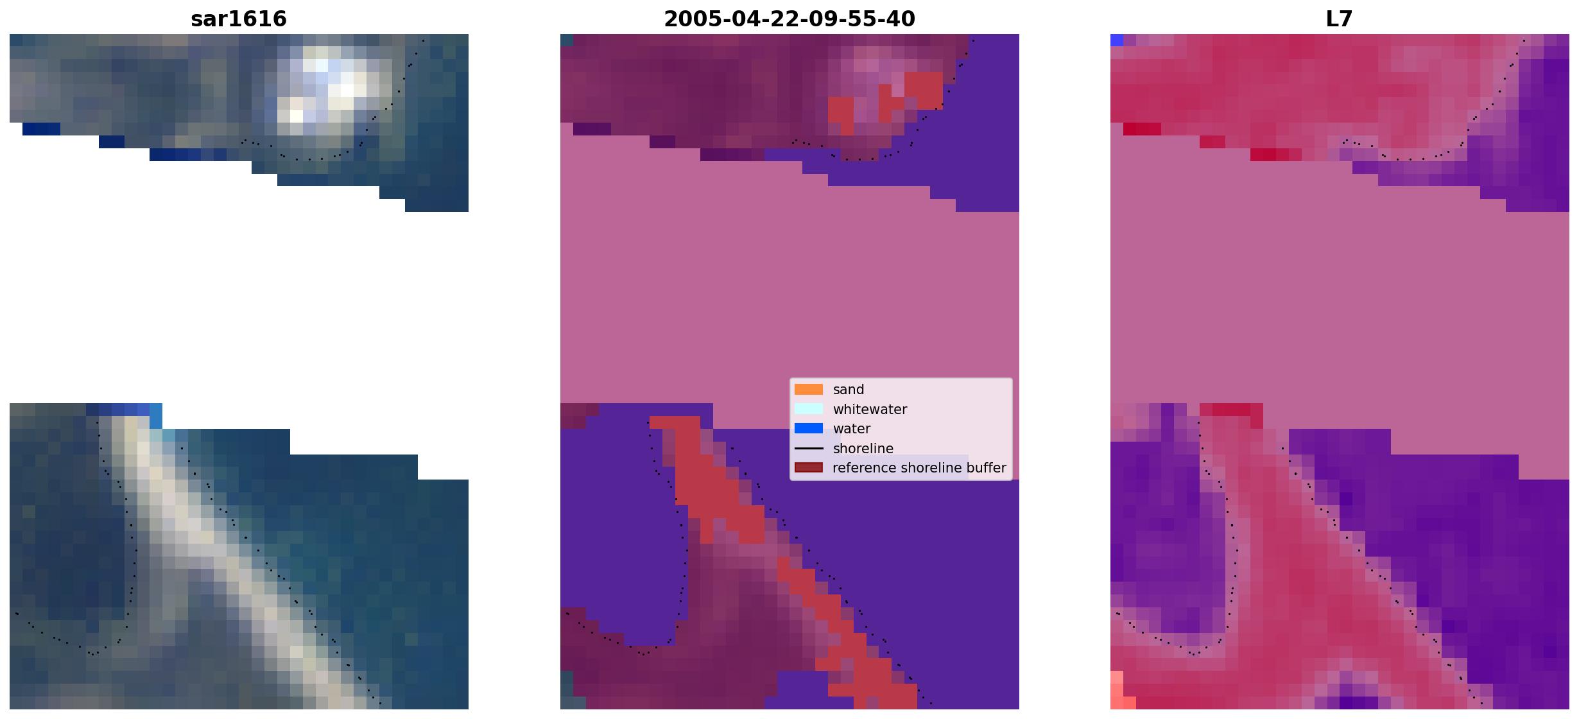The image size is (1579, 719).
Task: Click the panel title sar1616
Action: pyautogui.click(x=239, y=19)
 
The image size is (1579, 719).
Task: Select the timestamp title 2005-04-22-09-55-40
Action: pyautogui.click(x=789, y=19)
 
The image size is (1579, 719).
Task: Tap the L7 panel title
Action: pyautogui.click(x=1340, y=19)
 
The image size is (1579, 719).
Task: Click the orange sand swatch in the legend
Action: pyautogui.click(x=809, y=390)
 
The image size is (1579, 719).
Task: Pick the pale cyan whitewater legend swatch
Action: pyautogui.click(x=809, y=409)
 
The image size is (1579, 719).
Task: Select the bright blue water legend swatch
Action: pyautogui.click(x=809, y=428)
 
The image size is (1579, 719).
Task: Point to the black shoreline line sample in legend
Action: pyautogui.click(x=809, y=448)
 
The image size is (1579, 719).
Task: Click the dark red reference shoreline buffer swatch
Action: pyautogui.click(x=809, y=467)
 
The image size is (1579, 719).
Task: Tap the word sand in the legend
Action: pyautogui.click(x=849, y=390)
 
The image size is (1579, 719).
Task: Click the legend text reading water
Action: pyautogui.click(x=852, y=429)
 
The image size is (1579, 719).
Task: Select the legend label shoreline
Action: pyautogui.click(x=863, y=448)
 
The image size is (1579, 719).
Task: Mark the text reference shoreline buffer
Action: pyautogui.click(x=919, y=468)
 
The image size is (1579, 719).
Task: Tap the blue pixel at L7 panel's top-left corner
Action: pyautogui.click(x=1117, y=40)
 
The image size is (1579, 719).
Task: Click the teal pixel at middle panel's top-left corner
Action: pyautogui.click(x=567, y=40)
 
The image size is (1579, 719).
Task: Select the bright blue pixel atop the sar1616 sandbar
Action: pyautogui.click(x=156, y=416)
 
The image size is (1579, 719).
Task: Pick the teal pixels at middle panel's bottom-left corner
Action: pyautogui.click(x=567, y=690)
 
